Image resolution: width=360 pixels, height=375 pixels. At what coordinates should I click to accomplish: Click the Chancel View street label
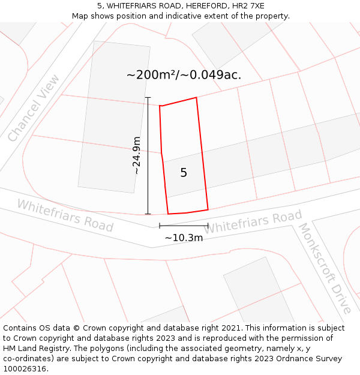34,108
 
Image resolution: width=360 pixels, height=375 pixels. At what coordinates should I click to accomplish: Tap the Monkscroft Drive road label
324,268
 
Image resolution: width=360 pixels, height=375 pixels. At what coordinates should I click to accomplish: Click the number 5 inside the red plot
184,173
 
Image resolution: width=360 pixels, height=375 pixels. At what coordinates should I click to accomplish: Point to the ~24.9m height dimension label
137,155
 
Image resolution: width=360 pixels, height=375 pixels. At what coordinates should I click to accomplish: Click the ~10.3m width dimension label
184,238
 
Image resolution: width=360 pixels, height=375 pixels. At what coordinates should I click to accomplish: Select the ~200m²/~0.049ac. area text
184,75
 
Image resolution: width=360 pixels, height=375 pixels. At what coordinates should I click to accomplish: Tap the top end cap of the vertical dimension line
148,97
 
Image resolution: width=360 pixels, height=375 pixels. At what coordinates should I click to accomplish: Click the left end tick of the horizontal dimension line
160,226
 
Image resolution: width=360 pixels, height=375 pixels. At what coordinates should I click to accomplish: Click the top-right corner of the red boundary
196,97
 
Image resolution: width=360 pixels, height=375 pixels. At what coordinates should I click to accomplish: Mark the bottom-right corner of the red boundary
208,209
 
